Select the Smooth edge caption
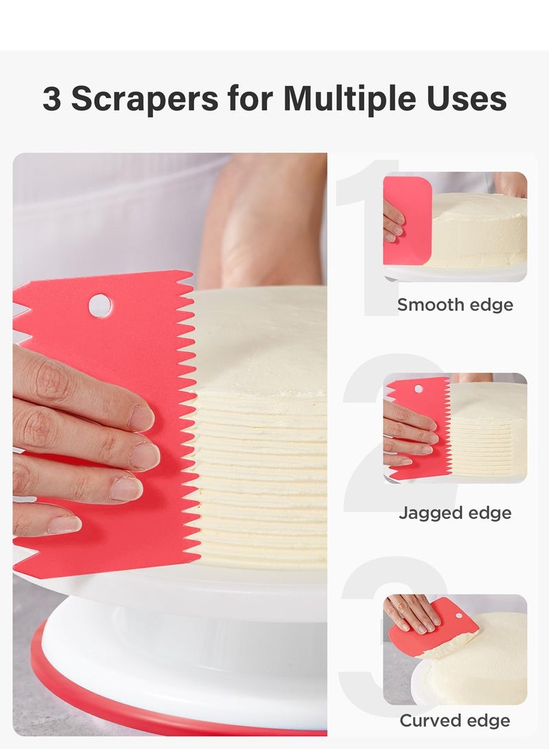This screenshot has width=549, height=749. coord(455,305)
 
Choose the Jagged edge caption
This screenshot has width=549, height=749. coord(455,513)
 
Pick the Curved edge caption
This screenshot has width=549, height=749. coord(455,721)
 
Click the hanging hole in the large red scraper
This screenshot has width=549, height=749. coord(100,305)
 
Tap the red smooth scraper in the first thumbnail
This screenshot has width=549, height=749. coord(408,220)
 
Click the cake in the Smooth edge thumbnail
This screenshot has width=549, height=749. coord(480,230)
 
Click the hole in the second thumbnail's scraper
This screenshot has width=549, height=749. coord(418,389)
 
